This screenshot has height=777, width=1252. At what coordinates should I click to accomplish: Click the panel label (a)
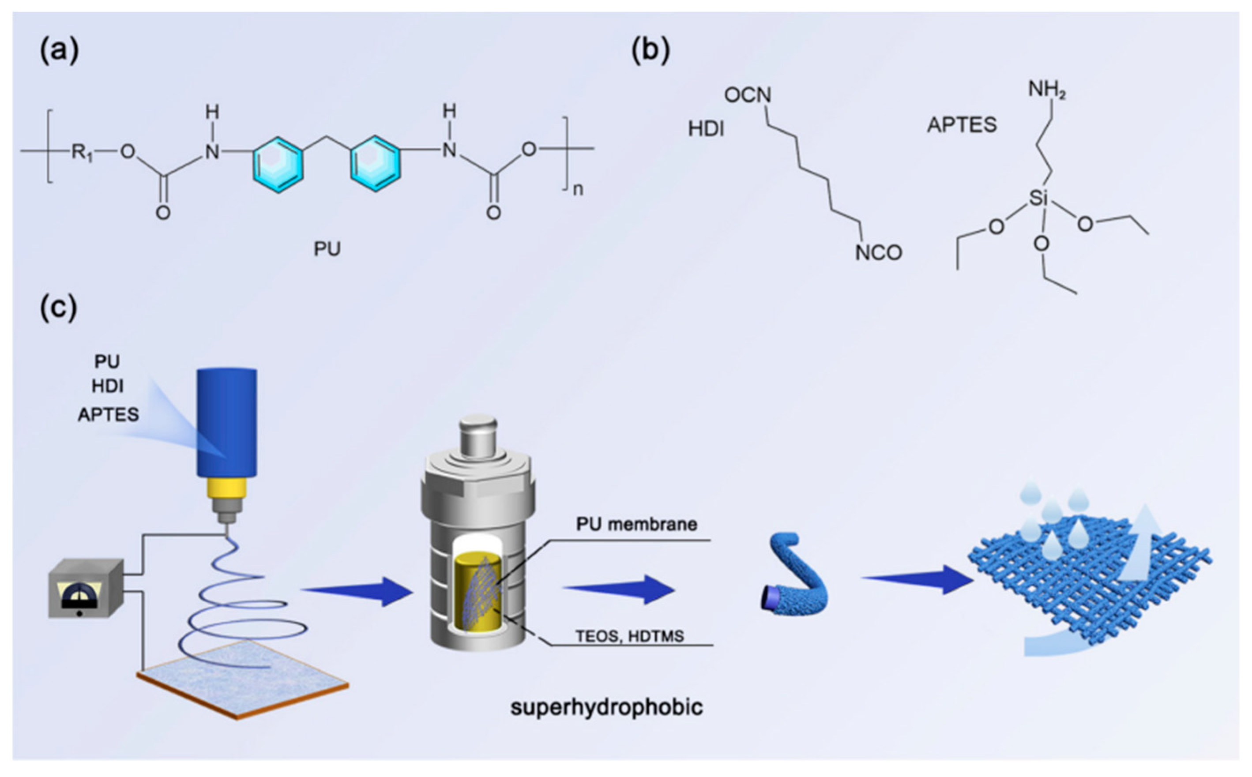coord(59,51)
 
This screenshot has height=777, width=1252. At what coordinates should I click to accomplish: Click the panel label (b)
coord(650,51)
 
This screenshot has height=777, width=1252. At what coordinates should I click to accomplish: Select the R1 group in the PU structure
coord(82,152)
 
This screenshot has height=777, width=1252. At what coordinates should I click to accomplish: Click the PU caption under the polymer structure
coord(327,249)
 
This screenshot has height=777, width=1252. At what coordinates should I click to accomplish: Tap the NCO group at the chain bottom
coord(878,252)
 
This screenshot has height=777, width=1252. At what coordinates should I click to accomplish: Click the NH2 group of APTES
coord(1046,90)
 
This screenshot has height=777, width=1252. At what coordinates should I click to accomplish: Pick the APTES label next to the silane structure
coord(962,125)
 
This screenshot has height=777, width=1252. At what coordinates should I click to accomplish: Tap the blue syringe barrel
coord(227,421)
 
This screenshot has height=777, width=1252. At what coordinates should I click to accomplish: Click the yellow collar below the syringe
coord(227,488)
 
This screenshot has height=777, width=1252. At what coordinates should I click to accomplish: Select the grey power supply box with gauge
coord(85,589)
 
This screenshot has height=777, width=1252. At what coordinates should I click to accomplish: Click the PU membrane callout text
coord(636,524)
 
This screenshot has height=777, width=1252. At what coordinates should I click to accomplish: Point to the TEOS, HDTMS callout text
coord(630,636)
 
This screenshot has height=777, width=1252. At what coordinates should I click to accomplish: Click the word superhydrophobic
coord(606,707)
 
